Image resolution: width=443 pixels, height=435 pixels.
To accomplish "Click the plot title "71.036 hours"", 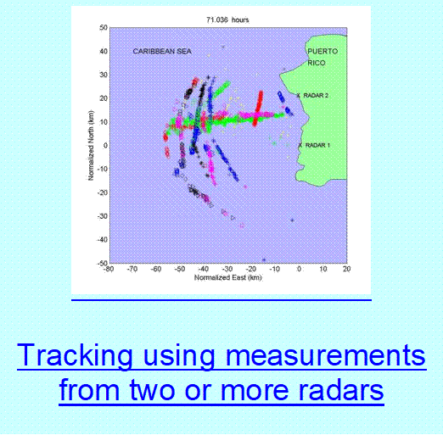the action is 227,20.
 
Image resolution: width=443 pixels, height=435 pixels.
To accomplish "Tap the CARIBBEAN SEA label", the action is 162,52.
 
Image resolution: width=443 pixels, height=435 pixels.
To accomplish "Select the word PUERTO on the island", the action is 322,52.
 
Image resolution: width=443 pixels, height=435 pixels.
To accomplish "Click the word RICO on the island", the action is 317,63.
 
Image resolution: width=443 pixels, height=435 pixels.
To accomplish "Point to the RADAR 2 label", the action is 316,96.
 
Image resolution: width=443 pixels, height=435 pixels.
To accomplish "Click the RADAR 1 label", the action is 317,145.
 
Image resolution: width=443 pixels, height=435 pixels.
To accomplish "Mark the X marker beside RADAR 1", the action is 300,145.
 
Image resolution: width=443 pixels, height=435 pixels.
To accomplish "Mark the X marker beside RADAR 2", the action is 298,96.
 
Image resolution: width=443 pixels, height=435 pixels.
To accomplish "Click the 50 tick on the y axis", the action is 104,28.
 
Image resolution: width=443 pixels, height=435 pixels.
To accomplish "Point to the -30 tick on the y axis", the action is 103,216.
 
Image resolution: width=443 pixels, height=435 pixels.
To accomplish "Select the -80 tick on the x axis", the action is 109,269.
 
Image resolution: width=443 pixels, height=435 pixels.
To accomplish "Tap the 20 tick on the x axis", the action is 347,269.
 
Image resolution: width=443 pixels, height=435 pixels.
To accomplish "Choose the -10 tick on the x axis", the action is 274,269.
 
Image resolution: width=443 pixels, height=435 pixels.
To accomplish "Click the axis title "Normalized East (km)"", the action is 228,278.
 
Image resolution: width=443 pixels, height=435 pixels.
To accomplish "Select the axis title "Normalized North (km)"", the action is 91,146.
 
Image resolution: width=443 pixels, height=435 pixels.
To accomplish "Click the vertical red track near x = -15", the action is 258,109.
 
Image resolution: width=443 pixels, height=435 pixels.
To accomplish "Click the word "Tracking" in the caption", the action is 75,355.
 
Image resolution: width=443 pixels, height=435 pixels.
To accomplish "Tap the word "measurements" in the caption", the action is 326,355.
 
